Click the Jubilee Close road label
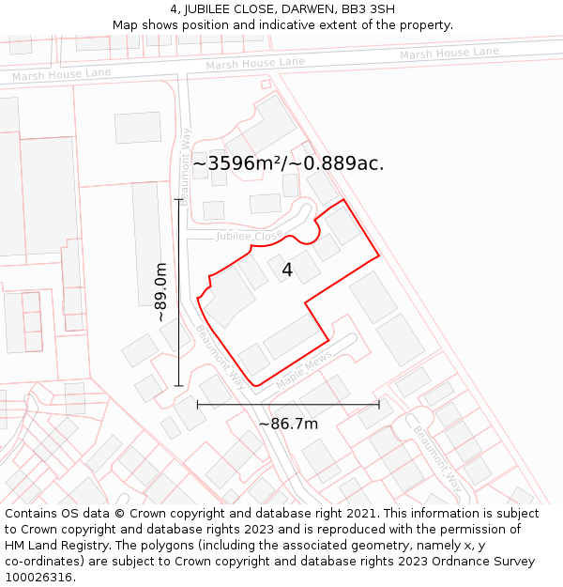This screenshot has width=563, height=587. tap(250, 236)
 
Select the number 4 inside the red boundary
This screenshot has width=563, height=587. tap(287, 270)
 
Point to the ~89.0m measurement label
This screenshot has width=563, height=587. tap(161, 292)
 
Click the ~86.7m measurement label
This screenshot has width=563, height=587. tap(288, 424)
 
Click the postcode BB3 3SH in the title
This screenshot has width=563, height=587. tap(368, 9)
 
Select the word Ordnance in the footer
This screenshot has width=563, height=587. tap(446, 562)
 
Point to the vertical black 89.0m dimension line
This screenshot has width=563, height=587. tap(178, 292)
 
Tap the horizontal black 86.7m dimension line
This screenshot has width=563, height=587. tap(288, 405)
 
